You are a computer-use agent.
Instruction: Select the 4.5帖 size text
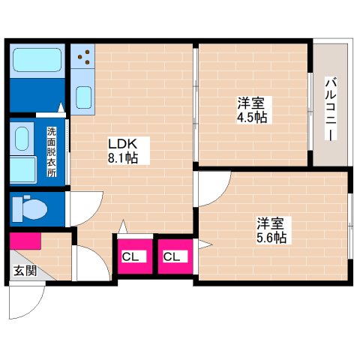251,117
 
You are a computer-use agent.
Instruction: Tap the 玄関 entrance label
23,270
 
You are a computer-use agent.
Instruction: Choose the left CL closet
131,257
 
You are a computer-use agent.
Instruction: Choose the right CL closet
172,257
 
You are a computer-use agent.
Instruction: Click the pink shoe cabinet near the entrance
25,241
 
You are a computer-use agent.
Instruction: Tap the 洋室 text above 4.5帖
251,103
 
